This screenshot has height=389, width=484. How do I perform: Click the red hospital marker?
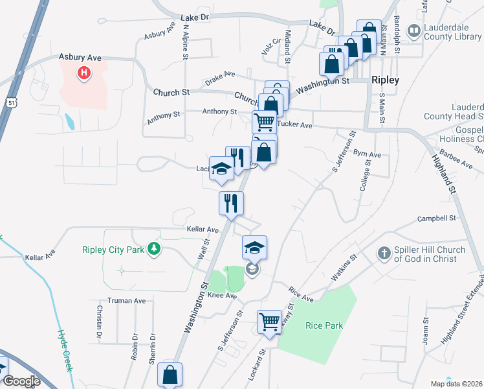coord(83,74)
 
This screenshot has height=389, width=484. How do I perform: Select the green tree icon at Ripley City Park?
coord(153,248)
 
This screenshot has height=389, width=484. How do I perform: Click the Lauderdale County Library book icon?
coord(413,30)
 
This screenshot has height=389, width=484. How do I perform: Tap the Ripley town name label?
coord(385,80)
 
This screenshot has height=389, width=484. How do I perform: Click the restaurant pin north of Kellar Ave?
coord(231,203)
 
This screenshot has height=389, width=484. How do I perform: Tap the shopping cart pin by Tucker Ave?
coord(264,121)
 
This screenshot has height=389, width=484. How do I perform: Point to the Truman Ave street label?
coord(126,301)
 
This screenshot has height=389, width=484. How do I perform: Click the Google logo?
coord(21,381)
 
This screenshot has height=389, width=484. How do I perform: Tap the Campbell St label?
coord(437,218)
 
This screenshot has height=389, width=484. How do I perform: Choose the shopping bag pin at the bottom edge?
coord(170,375)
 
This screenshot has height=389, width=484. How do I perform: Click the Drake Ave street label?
coord(220,77)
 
